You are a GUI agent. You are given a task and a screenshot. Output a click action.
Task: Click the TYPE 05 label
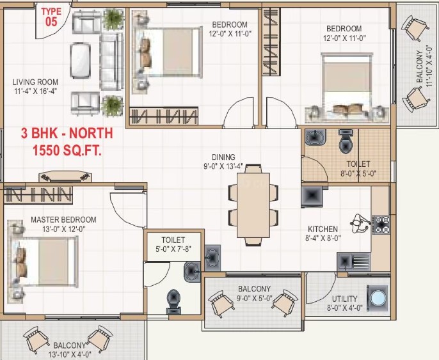tap(51, 17)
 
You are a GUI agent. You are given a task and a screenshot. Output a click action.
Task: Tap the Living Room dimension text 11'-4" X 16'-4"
tap(36, 91)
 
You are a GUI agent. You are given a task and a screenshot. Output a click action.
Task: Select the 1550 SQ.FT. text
tap(67, 150)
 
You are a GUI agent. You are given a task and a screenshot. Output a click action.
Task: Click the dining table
tap(253, 205)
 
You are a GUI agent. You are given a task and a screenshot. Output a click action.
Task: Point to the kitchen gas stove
tap(381, 224)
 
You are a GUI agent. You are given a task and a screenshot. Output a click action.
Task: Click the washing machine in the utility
tap(378, 298)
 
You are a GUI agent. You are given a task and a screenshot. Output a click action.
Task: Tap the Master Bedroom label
tap(63, 219)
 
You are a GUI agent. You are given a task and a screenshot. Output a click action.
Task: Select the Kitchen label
tap(323, 229)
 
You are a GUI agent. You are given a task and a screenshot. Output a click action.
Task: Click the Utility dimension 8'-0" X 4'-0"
tap(345, 308)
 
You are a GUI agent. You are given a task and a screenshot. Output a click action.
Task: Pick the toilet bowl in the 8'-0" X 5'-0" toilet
tap(346, 141)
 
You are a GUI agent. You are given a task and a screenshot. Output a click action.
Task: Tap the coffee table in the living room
tap(80, 60)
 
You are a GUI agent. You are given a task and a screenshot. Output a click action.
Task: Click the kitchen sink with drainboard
tap(354, 262)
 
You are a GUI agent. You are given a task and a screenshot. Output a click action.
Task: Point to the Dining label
tap(223, 157)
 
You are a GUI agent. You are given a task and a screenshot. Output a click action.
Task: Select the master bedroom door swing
tap(128, 209)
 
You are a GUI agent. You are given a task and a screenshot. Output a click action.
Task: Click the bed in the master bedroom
tap(42, 262)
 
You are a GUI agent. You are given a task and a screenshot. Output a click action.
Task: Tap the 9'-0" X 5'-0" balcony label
tap(254, 293)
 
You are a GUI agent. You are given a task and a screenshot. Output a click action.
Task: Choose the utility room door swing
tap(321, 288)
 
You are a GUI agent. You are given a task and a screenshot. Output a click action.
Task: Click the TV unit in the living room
tap(65, 176)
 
